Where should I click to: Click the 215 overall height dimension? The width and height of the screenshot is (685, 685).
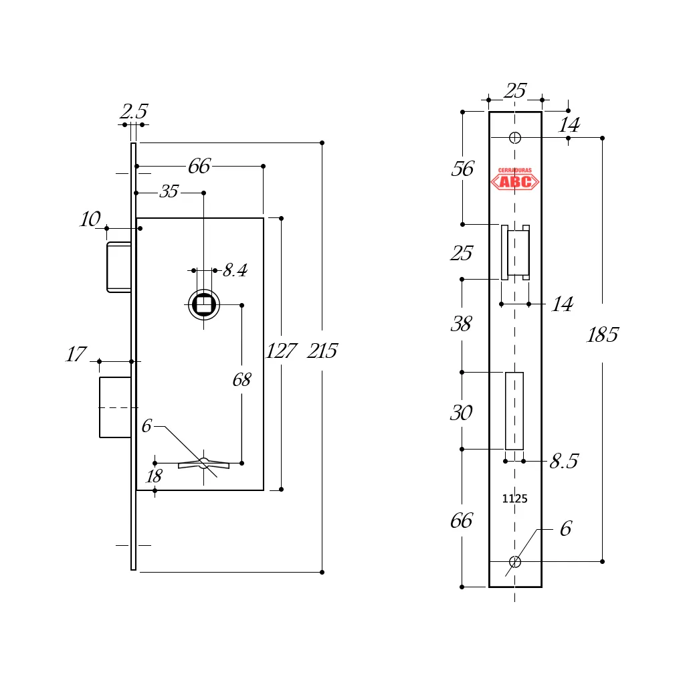(322, 351)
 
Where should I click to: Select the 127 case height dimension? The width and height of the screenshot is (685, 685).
(280, 351)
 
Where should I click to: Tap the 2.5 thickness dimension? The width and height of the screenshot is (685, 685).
(133, 112)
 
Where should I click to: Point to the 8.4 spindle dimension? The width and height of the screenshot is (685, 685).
(235, 271)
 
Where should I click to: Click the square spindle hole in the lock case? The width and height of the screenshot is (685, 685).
(203, 305)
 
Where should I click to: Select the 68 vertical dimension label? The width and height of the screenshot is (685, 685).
(241, 381)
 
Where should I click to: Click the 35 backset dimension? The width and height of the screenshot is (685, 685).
(169, 192)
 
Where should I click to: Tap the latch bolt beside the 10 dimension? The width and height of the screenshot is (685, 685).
(118, 268)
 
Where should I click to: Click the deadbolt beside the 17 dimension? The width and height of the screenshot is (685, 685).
(114, 407)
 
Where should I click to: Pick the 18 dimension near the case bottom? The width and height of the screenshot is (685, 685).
(154, 476)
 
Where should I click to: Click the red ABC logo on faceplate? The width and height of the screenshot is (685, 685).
(514, 180)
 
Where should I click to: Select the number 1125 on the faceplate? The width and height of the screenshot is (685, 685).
(514, 498)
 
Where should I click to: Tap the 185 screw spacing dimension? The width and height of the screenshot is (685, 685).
(602, 335)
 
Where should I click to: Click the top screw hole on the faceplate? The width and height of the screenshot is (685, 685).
(514, 138)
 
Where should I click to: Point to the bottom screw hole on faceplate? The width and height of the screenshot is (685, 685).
(514, 561)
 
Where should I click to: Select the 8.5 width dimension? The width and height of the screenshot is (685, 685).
(563, 462)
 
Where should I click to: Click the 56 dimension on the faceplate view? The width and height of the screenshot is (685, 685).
(462, 169)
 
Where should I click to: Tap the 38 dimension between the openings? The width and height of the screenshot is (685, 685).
(462, 324)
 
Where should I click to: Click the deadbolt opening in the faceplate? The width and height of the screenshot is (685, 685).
(514, 411)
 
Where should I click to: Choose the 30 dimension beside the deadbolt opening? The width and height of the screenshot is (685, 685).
(461, 413)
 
